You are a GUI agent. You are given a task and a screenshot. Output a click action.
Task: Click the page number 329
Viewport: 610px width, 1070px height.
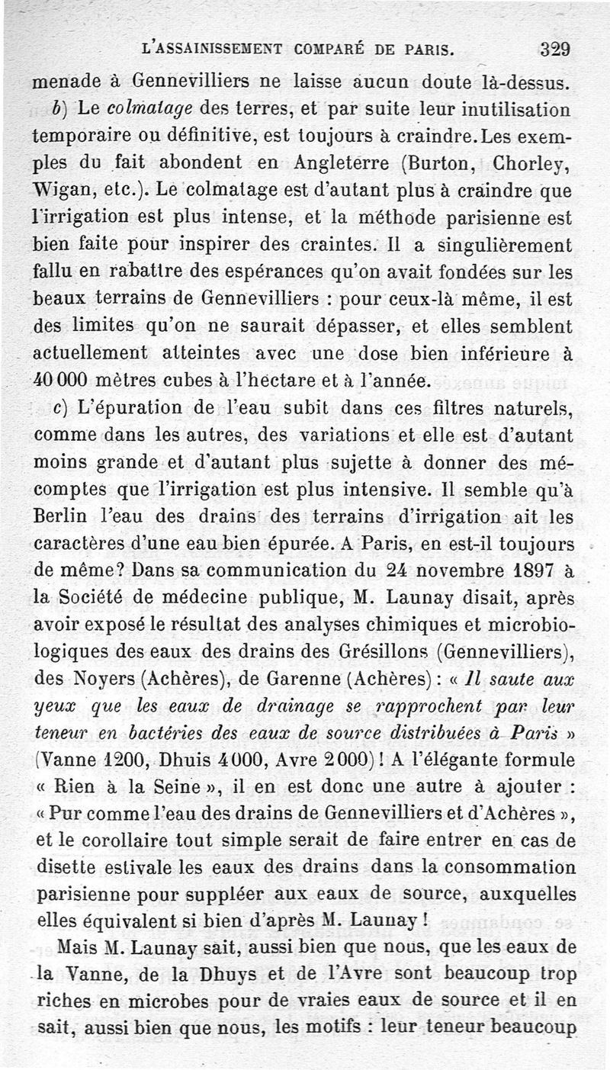pos(555,50)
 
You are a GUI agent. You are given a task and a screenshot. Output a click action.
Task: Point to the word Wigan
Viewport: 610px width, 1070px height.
pos(63,190)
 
